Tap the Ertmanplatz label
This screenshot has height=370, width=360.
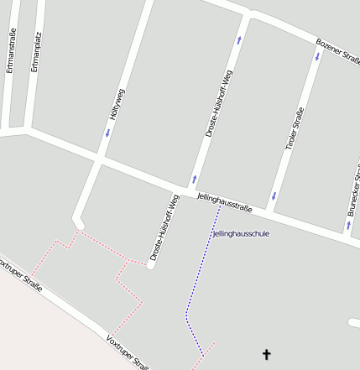(x=34, y=51)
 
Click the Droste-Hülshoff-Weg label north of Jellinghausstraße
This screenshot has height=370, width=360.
(x=219, y=104)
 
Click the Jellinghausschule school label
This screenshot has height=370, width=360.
(x=242, y=233)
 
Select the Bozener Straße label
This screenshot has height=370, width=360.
(x=338, y=50)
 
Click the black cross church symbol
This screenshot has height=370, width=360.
(x=267, y=355)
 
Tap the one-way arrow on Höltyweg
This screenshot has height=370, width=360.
(x=107, y=133)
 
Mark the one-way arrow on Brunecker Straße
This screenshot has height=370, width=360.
(x=348, y=224)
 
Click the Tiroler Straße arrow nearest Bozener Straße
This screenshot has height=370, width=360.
(x=317, y=57)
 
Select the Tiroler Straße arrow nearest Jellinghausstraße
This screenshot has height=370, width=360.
(x=274, y=196)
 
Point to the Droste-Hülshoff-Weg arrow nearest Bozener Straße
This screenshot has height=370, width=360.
(x=239, y=39)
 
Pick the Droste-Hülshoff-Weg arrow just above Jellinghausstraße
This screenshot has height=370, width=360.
(x=194, y=178)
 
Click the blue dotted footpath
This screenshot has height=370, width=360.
(x=200, y=277)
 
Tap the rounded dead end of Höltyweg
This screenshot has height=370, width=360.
(x=79, y=222)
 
